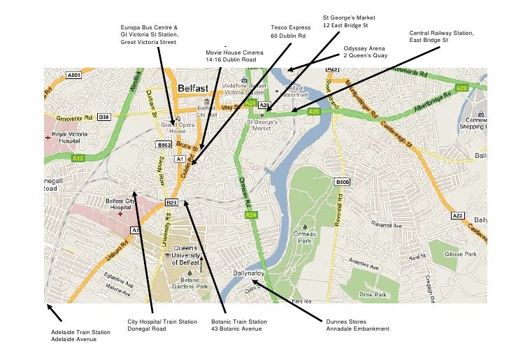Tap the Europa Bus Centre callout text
pos(149,35)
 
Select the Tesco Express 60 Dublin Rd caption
pos(289,31)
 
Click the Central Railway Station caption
pos(441,37)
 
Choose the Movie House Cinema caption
pos(235,57)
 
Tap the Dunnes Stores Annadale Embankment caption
pos(357,325)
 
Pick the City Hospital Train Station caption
pos(162,325)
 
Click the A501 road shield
pos(73,74)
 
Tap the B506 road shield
pos(343,182)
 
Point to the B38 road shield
pos(103,117)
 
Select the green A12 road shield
pos(78,159)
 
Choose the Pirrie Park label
pos(373,295)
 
